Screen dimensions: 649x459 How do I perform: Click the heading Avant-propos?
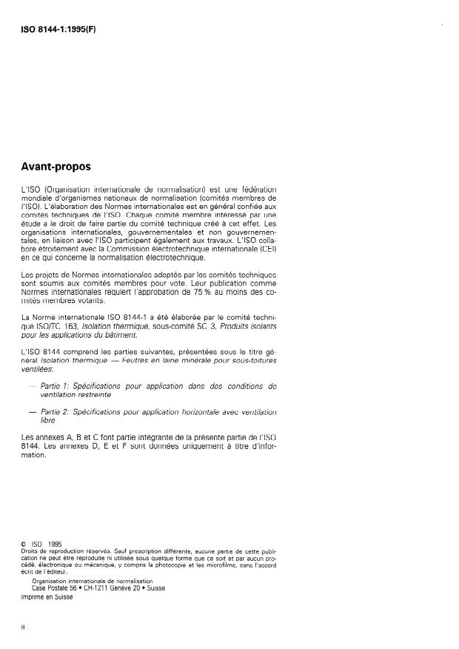(x=63, y=167)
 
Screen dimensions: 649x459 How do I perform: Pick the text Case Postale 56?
(x=57, y=588)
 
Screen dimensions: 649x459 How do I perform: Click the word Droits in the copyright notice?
(x=33, y=552)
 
